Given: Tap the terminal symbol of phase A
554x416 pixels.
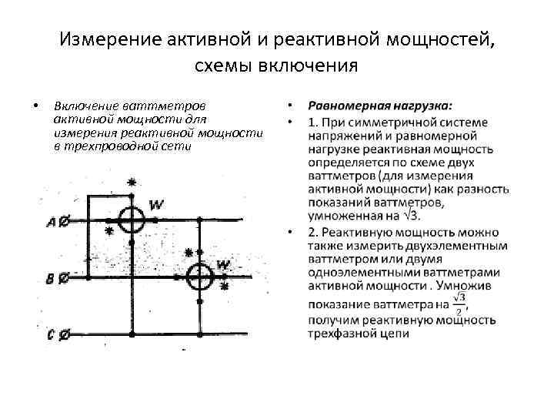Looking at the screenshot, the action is point(64,221).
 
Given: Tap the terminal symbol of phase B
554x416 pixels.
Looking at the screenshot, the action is point(62,277).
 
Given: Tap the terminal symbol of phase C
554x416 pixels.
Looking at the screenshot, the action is point(64,334).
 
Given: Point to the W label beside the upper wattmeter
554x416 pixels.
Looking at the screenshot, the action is point(156,204).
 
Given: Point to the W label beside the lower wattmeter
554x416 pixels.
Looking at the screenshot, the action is point(223,264).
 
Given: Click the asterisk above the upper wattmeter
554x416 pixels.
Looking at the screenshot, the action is point(132,183).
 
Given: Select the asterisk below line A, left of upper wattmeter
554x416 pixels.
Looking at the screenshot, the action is point(109,230).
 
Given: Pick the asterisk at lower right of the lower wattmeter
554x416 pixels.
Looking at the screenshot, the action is point(225,287).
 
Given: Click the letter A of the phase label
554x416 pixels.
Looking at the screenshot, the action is point(51,223).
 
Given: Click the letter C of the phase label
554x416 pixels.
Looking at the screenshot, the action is point(50,335).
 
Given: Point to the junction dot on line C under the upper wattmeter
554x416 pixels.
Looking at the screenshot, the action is point(132,334).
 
